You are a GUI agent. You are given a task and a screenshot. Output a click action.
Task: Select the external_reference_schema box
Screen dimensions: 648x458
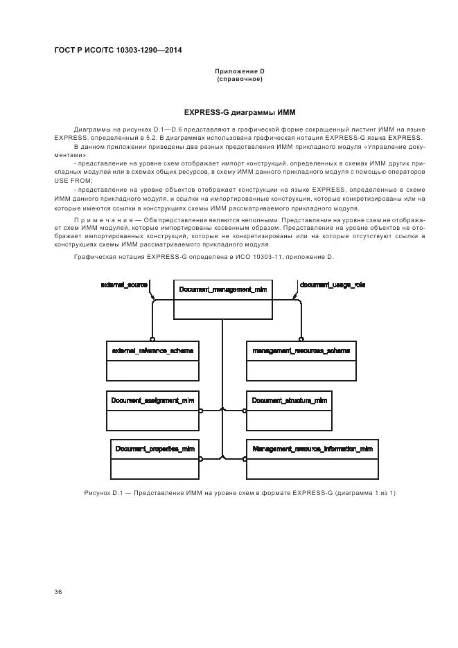(x=152, y=361)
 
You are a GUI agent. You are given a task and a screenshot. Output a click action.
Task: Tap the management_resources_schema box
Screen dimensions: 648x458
(x=301, y=361)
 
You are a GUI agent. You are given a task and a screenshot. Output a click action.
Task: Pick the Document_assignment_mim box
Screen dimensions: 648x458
(x=152, y=411)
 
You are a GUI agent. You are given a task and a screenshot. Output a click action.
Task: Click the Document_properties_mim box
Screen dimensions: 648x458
(x=155, y=458)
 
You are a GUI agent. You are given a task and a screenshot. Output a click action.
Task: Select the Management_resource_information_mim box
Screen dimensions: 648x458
(x=311, y=458)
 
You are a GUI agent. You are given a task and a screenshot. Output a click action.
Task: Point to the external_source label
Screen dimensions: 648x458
(x=125, y=285)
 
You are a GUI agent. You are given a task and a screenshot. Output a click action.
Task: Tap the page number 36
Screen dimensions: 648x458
(x=58, y=592)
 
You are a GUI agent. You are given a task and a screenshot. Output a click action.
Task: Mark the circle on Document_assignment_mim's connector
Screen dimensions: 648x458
(x=201, y=411)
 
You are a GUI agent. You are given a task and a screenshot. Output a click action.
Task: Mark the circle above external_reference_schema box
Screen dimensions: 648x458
(x=152, y=339)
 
